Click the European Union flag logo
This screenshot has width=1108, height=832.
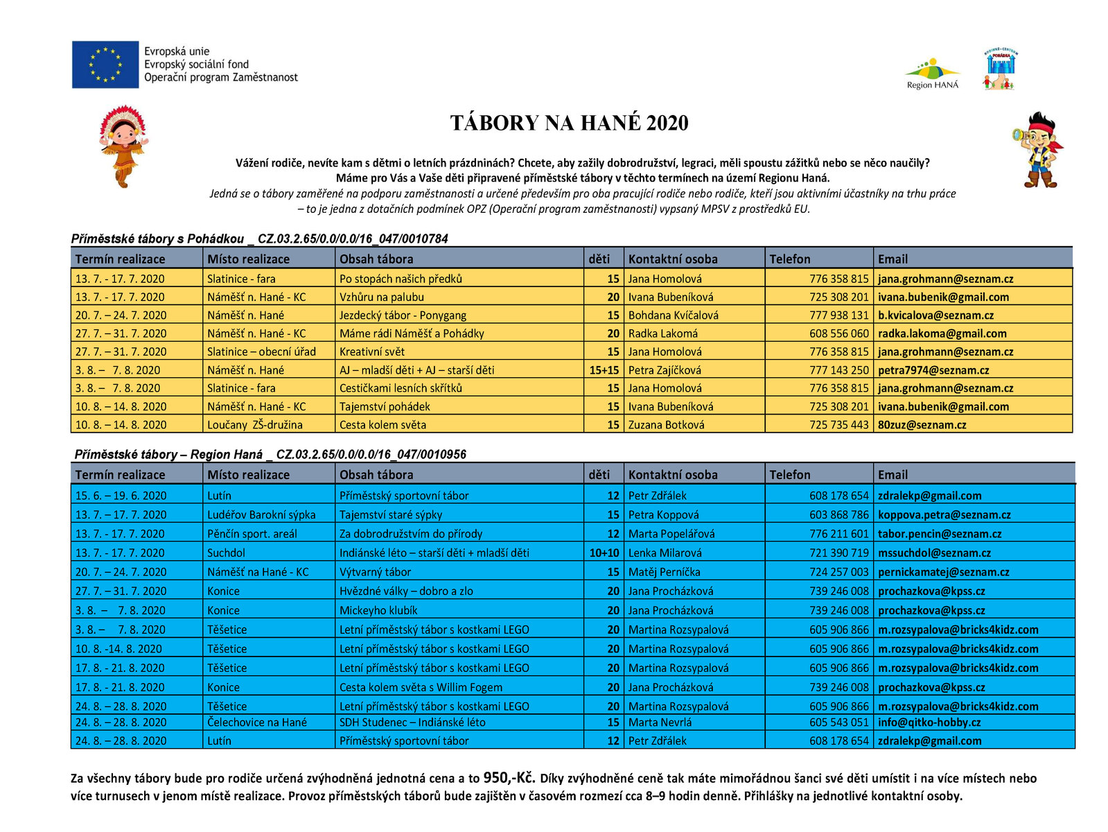[x=105, y=64]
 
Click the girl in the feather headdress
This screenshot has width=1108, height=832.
[x=123, y=146]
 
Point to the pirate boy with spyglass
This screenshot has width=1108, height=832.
[x=1038, y=150]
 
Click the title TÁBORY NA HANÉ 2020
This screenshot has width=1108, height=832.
[x=569, y=123]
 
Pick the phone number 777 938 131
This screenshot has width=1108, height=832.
[x=838, y=315]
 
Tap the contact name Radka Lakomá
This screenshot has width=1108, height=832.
[x=663, y=333]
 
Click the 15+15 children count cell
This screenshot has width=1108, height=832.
[x=604, y=370]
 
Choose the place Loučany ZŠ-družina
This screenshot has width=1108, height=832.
[x=254, y=425]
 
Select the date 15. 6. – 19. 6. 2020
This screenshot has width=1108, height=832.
[x=121, y=496]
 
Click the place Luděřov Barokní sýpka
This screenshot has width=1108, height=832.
[x=261, y=514]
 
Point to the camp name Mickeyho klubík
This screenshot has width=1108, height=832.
[x=378, y=611]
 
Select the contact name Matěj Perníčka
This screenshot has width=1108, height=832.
[x=664, y=572]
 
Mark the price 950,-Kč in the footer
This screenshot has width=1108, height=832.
[x=509, y=777]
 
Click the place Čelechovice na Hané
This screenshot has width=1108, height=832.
[x=256, y=722]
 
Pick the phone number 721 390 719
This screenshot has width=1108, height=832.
[x=838, y=553]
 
